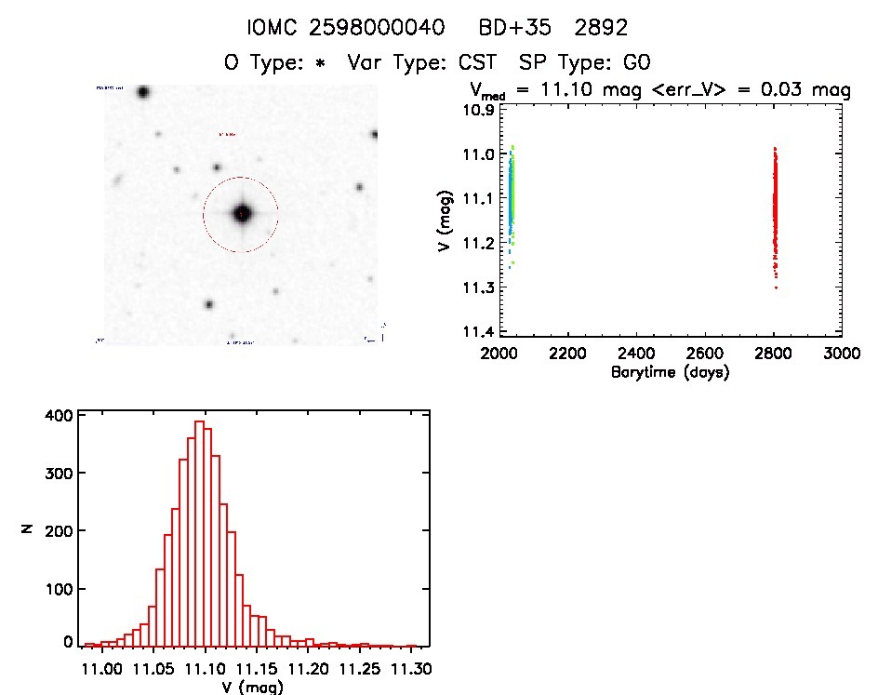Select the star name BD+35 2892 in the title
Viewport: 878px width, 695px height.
click(x=569, y=27)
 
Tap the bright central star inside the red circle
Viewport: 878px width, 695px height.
click(x=243, y=213)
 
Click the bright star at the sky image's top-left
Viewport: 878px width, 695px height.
click(x=142, y=92)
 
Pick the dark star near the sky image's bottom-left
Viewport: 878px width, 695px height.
click(x=208, y=304)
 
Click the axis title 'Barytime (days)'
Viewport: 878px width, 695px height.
click(x=669, y=371)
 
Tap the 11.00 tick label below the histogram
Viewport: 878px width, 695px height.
click(x=101, y=669)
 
